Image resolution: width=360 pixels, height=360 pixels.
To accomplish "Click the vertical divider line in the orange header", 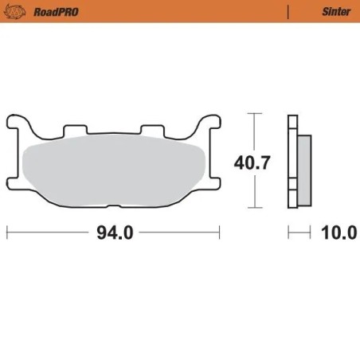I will (286, 12).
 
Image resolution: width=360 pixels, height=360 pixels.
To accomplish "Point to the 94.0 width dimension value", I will (113, 233).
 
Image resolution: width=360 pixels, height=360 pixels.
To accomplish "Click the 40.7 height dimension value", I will (252, 163).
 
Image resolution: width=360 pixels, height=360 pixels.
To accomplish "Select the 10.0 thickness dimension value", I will (338, 233).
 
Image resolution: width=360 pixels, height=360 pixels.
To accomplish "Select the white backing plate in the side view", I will (292, 163).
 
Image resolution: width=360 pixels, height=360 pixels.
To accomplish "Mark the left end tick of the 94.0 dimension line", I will (7, 233).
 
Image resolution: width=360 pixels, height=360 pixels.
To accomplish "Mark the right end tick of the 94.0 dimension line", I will (219, 233).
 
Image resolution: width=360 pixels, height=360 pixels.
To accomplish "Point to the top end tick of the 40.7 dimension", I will (254, 115).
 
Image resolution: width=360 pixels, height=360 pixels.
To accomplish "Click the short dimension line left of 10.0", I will (299, 233).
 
